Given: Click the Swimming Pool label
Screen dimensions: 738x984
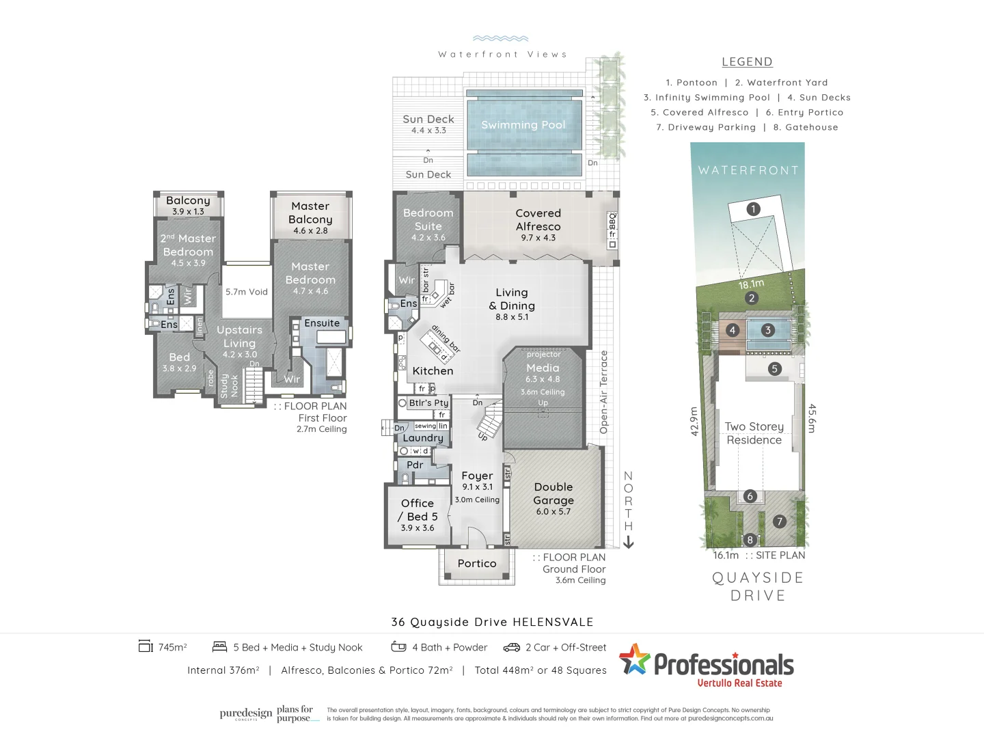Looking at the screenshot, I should click(x=523, y=125).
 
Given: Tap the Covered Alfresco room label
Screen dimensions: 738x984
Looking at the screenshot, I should click(x=538, y=220).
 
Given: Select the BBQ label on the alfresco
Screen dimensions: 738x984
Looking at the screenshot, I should click(x=612, y=222).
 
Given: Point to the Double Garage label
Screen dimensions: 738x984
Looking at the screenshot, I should click(x=553, y=494).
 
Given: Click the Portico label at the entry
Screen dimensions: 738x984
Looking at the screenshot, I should click(x=477, y=564).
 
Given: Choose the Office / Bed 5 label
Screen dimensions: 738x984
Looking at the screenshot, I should click(x=418, y=510).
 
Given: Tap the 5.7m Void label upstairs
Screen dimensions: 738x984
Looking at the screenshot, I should click(x=247, y=292).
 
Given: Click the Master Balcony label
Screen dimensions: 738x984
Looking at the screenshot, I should click(x=310, y=213).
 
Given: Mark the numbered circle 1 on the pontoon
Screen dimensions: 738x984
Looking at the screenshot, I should click(x=753, y=209).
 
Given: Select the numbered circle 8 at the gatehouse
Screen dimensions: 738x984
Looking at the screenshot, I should click(x=750, y=540).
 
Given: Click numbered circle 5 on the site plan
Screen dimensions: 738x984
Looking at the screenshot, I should click(x=774, y=369).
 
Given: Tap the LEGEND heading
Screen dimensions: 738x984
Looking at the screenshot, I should click(x=747, y=62).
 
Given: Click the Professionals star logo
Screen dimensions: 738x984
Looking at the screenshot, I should click(x=635, y=659).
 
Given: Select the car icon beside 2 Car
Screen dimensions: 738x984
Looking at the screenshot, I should click(x=512, y=647).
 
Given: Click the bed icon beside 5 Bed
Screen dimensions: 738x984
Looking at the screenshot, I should click(x=219, y=646).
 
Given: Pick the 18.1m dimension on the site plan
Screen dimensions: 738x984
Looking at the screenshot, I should click(x=751, y=284).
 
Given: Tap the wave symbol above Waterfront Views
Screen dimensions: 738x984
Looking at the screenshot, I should click(x=501, y=39).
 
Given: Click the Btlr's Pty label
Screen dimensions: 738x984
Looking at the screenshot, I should click(x=428, y=403).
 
